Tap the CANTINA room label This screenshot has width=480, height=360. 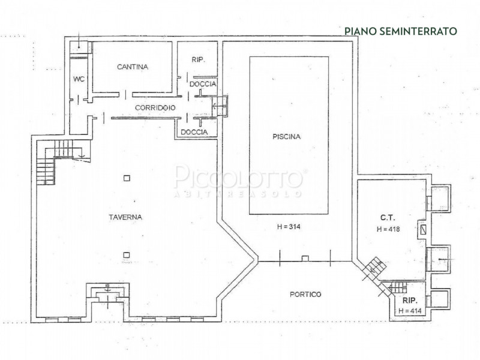point(133,67)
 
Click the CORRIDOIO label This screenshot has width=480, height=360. point(155,107)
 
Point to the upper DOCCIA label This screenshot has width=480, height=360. point(203,84)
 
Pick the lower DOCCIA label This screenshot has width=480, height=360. point(194,131)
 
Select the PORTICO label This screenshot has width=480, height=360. point(305,294)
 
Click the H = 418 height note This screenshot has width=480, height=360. point(388,229)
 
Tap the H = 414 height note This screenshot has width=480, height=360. point(411,311)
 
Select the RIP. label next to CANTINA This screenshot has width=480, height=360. point(199,60)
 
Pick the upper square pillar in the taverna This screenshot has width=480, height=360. point(126,177)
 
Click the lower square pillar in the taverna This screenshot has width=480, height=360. point(126,254)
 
